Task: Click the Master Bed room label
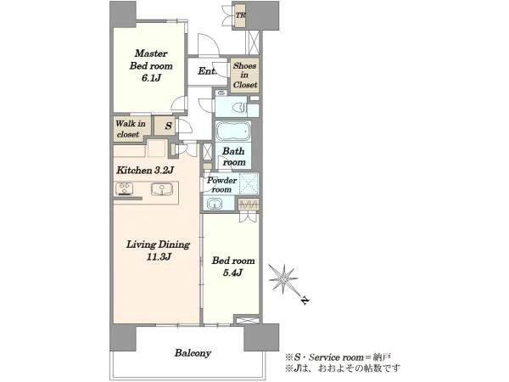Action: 151,59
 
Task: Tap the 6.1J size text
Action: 151,78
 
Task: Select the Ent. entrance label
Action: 207,71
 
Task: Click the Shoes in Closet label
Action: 245,75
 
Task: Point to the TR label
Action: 240,15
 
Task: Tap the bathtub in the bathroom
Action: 233,132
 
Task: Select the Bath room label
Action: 234,156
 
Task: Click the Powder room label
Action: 221,184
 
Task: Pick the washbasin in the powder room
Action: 215,204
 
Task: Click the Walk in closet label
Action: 130,129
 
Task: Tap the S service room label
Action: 168,126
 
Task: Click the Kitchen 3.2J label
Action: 145,170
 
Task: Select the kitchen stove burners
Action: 125,188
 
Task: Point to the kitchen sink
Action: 161,189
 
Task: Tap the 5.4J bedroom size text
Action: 232,272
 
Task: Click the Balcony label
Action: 193,353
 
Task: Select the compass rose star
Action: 283,278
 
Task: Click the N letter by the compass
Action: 305,301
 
